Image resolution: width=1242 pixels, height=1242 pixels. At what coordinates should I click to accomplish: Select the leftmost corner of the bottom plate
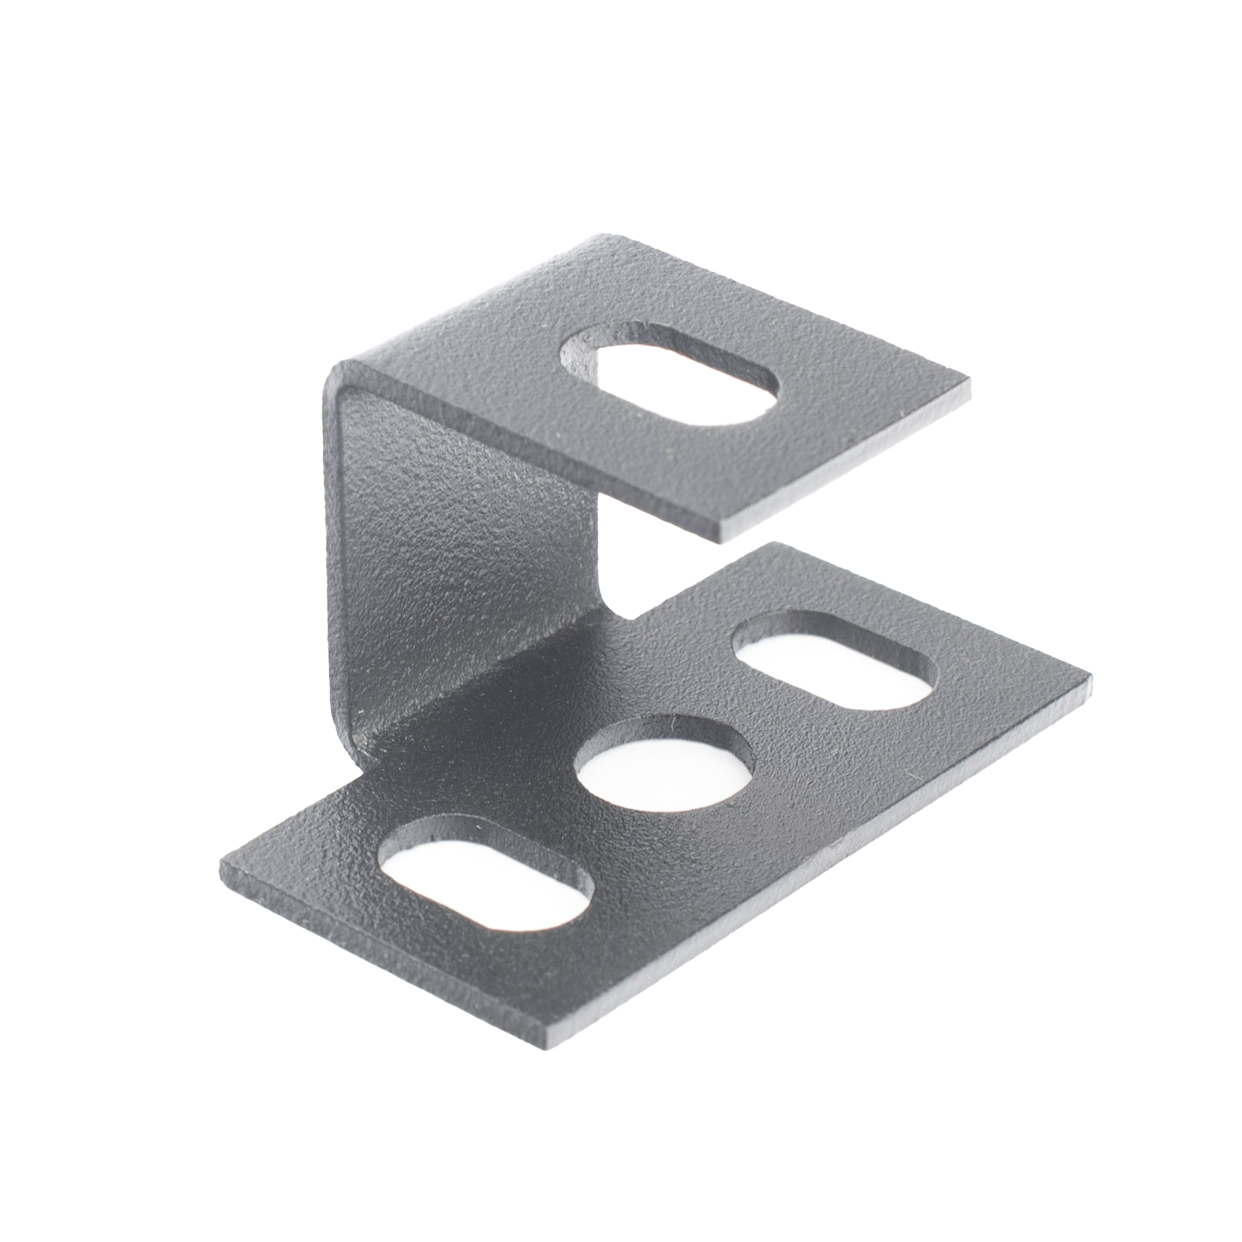pyautogui.click(x=222, y=860)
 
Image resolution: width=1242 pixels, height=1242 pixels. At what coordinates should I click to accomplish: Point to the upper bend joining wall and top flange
pyautogui.click(x=360, y=379)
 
